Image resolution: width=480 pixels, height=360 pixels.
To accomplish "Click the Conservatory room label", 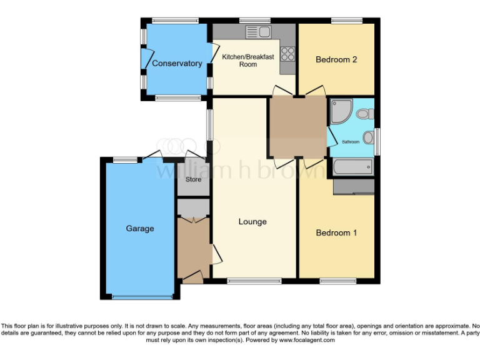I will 177,63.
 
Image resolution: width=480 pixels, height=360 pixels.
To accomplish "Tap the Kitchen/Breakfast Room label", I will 248,61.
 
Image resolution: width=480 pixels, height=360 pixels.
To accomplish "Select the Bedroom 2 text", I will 336,60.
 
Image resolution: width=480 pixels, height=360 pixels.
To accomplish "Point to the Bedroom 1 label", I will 336,232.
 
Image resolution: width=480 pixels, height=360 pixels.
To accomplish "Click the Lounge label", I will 252,222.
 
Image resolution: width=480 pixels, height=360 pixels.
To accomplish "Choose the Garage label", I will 140,229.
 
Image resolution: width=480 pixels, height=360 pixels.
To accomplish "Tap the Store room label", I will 193,180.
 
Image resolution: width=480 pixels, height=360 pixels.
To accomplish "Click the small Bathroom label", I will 351,142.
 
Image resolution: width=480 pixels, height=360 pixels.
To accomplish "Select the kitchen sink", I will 257,32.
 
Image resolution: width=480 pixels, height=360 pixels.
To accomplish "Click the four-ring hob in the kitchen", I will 287,54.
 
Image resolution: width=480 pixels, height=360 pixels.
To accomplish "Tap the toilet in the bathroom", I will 366,114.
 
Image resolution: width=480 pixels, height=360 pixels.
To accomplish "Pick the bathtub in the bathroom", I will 352,166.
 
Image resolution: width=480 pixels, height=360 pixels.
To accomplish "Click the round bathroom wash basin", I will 368,137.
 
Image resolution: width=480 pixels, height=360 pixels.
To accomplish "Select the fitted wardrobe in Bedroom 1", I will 354,186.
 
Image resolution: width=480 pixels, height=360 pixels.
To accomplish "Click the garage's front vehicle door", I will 140,296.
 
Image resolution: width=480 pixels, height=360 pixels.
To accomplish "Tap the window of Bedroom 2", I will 346,21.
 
